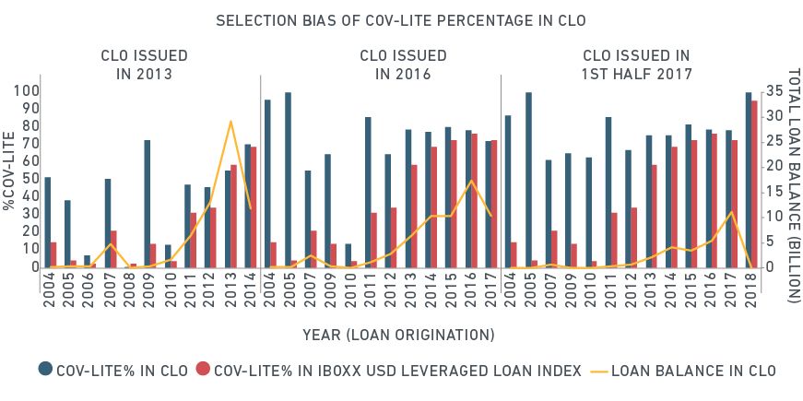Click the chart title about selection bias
(x=401, y=19)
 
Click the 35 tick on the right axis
(x=772, y=91)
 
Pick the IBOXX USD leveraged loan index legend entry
(x=390, y=371)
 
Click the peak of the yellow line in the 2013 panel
(x=230, y=122)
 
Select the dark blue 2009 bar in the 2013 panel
(x=147, y=204)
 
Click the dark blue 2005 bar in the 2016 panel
(x=288, y=180)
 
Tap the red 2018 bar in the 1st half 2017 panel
(x=754, y=184)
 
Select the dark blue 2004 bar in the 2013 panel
(x=47, y=222)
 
